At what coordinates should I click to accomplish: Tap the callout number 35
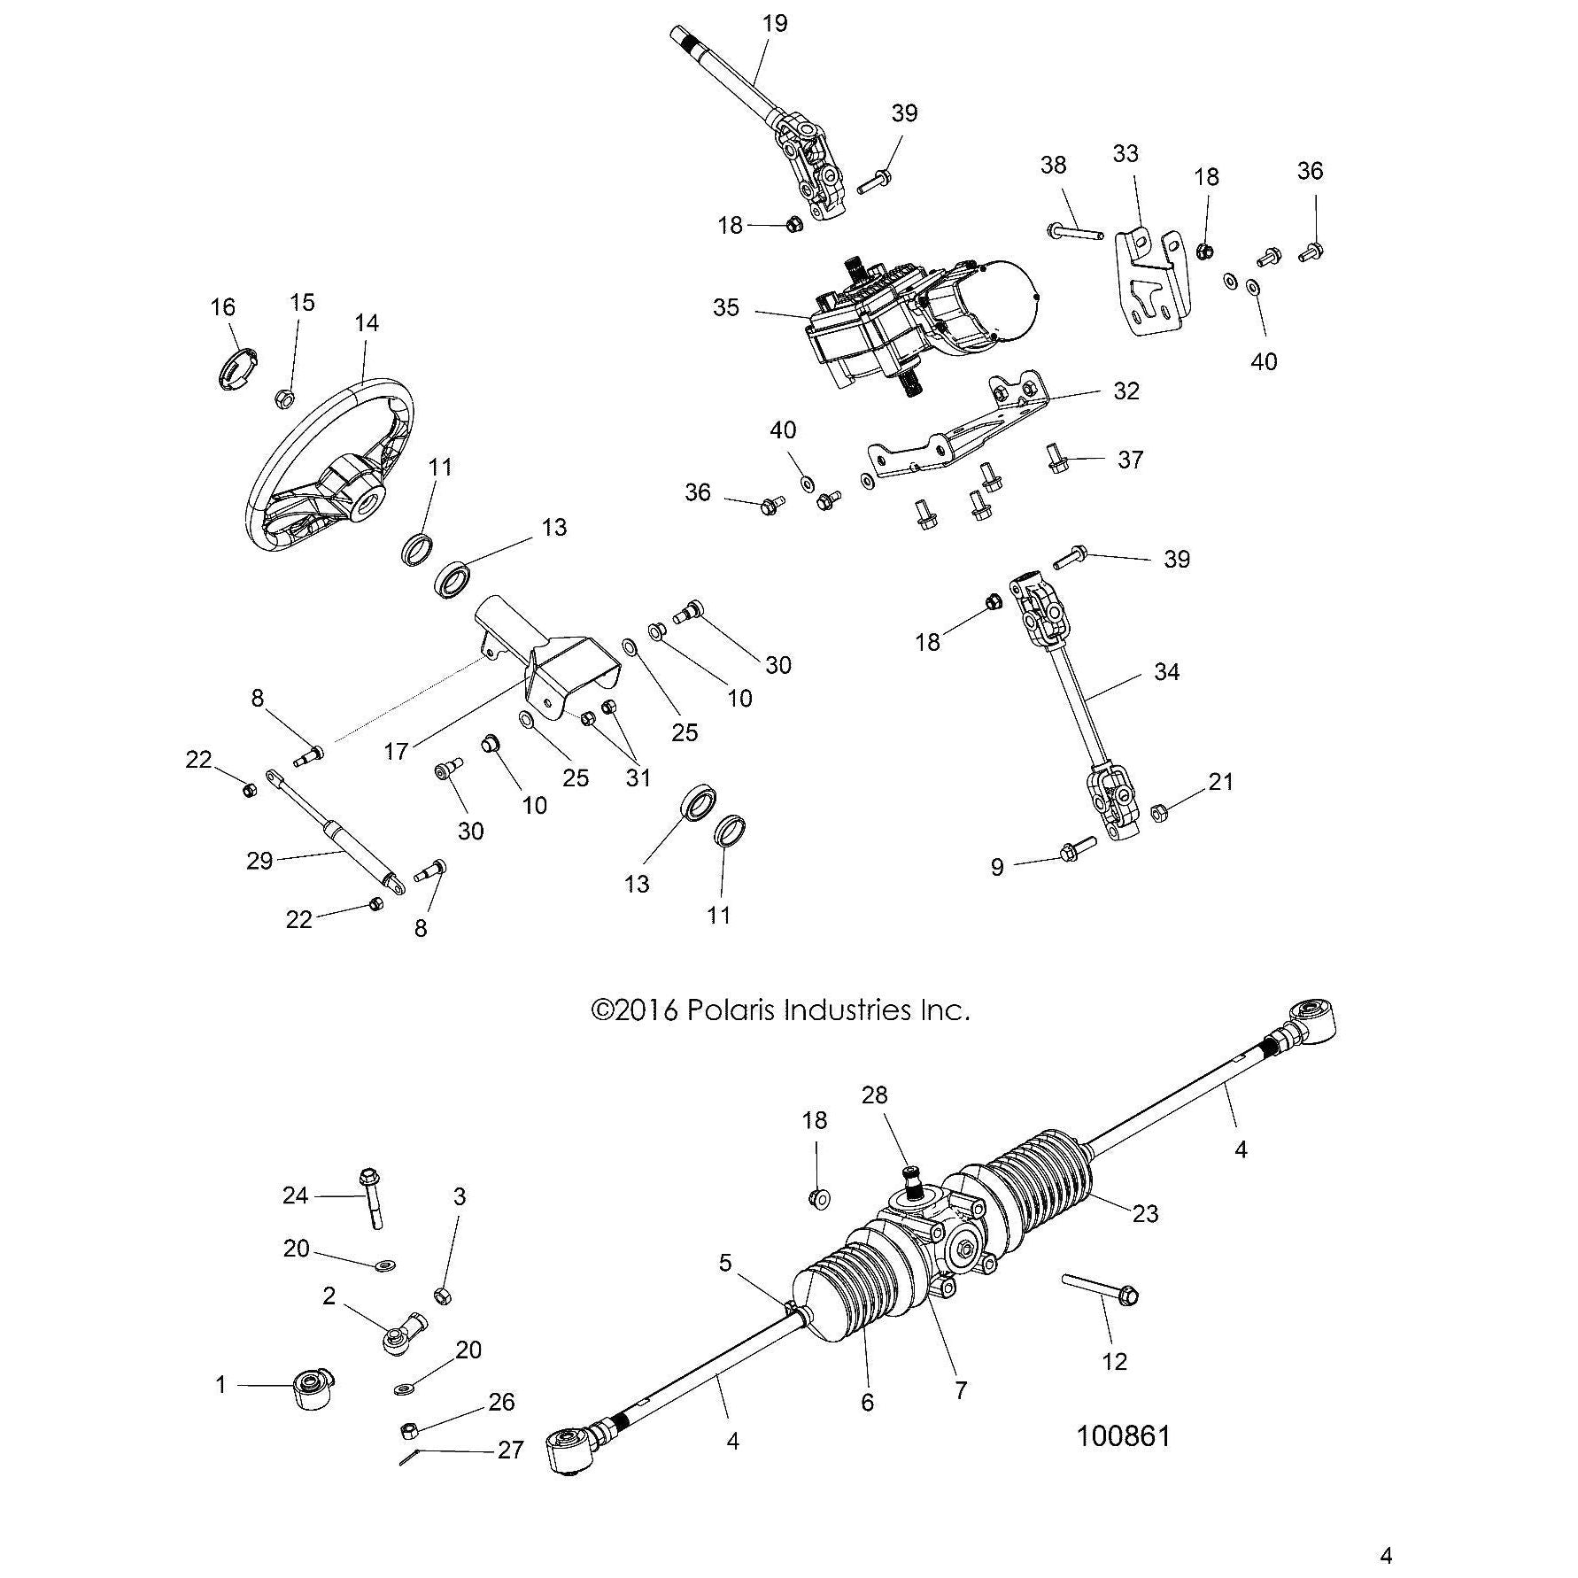[x=725, y=308]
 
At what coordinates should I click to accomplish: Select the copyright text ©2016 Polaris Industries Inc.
[x=780, y=1009]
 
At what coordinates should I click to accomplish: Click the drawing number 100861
[x=1123, y=1435]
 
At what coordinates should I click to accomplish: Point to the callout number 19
[x=774, y=23]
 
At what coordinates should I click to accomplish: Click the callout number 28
[x=874, y=1095]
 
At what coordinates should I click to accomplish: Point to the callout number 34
[x=1166, y=672]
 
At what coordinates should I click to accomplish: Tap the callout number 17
[x=396, y=751]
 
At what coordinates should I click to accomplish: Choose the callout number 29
[x=259, y=860]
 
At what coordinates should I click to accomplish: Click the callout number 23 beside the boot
[x=1145, y=1213]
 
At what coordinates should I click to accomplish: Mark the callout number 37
[x=1130, y=460]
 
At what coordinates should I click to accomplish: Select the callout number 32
[x=1125, y=391]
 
